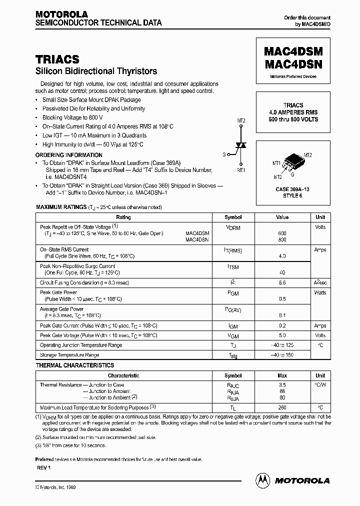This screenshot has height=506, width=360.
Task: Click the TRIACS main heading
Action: click(57, 60)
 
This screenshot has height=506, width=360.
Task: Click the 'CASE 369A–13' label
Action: click(293, 189)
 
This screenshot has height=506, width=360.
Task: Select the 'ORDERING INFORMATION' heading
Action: click(68, 155)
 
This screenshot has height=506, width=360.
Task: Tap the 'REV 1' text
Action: click(44, 467)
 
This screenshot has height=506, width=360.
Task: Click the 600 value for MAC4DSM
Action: click(282, 233)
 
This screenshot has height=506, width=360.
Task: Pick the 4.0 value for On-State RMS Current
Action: click(282, 256)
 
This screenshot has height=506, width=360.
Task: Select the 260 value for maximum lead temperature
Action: click(282, 408)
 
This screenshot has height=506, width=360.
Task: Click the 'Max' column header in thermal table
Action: click(282, 375)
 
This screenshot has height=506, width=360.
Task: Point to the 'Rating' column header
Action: click(123, 217)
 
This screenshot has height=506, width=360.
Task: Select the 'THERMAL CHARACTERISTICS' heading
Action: click(74, 365)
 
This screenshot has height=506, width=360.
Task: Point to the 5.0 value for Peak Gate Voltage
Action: click(282, 335)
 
